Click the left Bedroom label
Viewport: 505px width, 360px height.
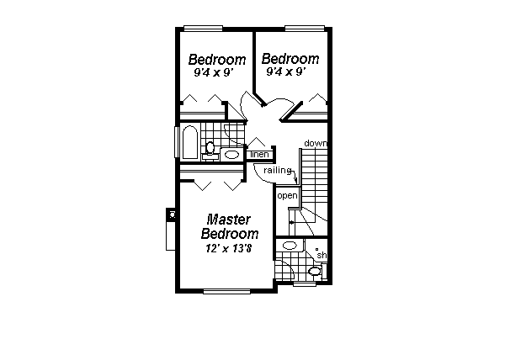pyautogui.click(x=216, y=60)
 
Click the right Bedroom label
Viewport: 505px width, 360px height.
pyautogui.click(x=290, y=59)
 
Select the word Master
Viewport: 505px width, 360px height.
pyautogui.click(x=230, y=219)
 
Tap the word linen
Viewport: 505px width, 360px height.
pyautogui.click(x=259, y=155)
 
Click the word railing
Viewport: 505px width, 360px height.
pyautogui.click(x=277, y=171)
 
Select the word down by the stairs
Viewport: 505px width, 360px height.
pyautogui.click(x=315, y=143)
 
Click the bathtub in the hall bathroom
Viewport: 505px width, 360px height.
pyautogui.click(x=189, y=143)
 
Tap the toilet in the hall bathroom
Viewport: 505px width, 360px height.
pyautogui.click(x=210, y=149)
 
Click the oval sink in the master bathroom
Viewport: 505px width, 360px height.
pyautogui.click(x=290, y=245)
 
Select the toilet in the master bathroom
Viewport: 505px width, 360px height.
pyautogui.click(x=315, y=271)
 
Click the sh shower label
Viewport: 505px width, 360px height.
pyautogui.click(x=321, y=256)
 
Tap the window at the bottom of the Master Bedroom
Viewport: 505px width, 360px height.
pyautogui.click(x=226, y=291)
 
